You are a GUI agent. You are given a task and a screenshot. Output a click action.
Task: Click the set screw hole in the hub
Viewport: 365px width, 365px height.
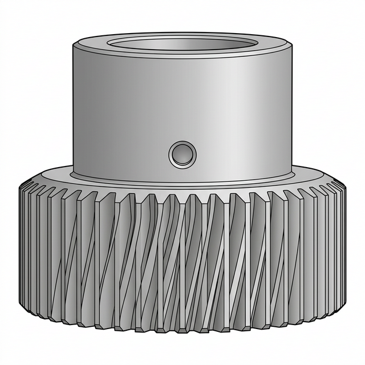[182, 154]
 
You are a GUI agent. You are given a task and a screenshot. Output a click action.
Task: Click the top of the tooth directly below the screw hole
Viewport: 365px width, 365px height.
[182, 197]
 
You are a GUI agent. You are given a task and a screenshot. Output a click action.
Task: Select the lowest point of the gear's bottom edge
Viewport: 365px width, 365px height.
[182, 331]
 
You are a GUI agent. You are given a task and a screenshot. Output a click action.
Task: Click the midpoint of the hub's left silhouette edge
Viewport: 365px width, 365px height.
[73, 108]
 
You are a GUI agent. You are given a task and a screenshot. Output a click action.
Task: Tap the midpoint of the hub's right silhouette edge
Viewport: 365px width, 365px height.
[292, 108]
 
